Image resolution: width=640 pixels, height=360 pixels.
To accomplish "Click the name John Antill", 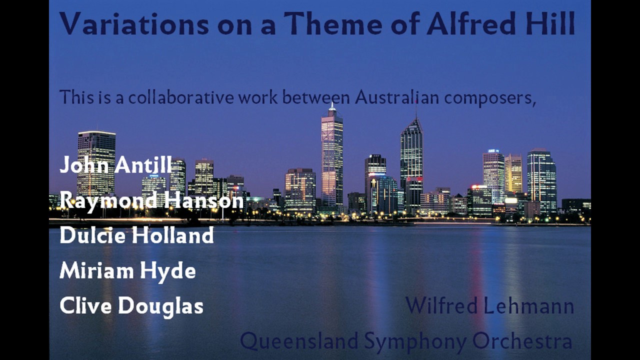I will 115,165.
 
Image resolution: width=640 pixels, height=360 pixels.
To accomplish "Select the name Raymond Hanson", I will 151,200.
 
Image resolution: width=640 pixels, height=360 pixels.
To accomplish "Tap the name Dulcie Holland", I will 136,235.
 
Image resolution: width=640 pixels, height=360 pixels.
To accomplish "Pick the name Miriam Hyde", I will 127,271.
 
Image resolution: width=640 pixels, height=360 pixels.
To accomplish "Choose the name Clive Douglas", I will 131,306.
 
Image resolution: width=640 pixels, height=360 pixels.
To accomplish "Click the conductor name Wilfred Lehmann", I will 489,305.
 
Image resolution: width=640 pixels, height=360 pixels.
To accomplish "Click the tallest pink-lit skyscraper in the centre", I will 332,155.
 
